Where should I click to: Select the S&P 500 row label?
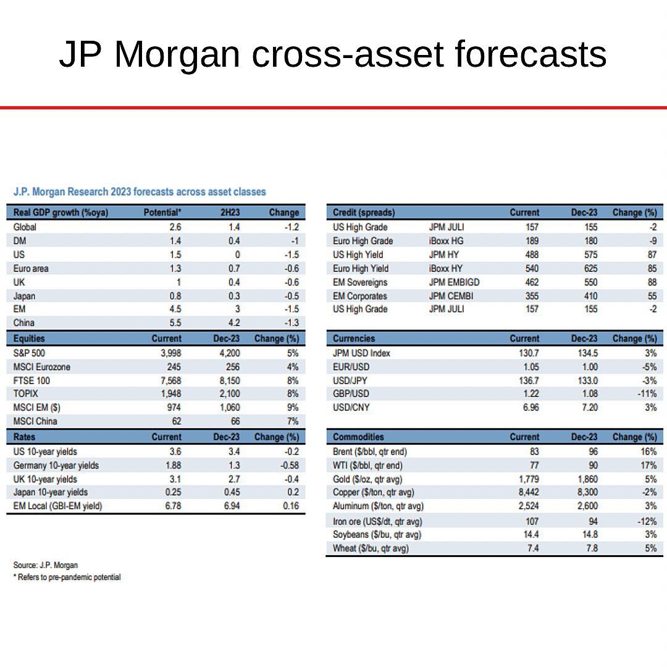point(29,353)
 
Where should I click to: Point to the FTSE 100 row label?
point(31,380)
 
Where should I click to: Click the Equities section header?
point(29,338)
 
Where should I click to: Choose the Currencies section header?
point(354,338)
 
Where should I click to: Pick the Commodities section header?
point(358,437)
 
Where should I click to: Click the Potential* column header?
point(162,212)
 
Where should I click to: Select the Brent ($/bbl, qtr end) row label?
point(370,451)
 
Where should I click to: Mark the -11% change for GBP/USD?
point(647,394)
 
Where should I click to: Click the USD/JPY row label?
point(351,380)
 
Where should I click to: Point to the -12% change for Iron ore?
point(647,522)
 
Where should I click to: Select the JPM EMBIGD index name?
point(455,282)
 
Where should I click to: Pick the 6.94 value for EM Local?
point(230,506)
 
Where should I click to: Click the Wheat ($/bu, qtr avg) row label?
point(371,548)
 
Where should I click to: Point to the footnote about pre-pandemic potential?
point(67,577)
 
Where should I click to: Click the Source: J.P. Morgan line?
point(46,565)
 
